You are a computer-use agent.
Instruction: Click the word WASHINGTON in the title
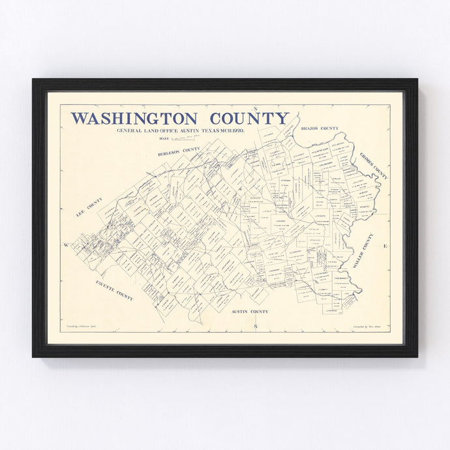[134, 119]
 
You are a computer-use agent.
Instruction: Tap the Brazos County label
[320, 128]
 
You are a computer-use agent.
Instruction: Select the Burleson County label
[179, 152]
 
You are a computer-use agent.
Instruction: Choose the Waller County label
[363, 251]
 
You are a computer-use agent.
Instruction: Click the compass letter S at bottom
[256, 325]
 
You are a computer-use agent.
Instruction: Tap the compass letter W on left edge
[66, 245]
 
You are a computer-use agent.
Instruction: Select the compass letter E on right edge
[385, 246]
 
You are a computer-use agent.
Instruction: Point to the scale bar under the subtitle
[182, 139]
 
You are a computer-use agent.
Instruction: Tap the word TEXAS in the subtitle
[200, 131]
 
